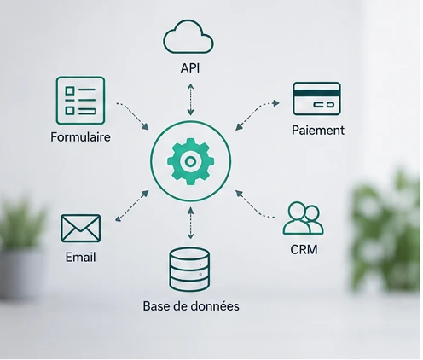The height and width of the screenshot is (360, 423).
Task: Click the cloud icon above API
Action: pyautogui.click(x=188, y=37)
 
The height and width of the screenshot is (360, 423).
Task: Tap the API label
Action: pyautogui.click(x=190, y=68)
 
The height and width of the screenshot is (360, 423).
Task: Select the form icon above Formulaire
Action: pyautogui.click(x=80, y=101)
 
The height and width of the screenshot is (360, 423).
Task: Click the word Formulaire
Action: pyautogui.click(x=80, y=137)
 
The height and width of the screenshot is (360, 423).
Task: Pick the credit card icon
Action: pyautogui.click(x=316, y=99)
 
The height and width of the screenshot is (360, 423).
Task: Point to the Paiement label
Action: pyautogui.click(x=318, y=131)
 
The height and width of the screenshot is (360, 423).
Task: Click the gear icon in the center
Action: pyautogui.click(x=190, y=161)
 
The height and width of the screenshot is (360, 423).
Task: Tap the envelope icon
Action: pyautogui.click(x=81, y=229)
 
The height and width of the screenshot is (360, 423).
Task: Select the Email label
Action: pyautogui.click(x=80, y=257)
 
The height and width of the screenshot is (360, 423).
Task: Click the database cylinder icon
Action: pyautogui.click(x=189, y=270)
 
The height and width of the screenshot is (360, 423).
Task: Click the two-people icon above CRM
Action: pyautogui.click(x=303, y=218)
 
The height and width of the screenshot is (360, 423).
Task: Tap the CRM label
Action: pyautogui.click(x=304, y=250)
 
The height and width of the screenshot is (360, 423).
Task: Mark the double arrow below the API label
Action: pyautogui.click(x=190, y=100)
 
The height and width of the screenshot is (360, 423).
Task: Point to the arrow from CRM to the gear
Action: pyautogui.click(x=253, y=206)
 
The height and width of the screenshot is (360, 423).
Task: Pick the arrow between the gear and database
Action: pyautogui.click(x=191, y=223)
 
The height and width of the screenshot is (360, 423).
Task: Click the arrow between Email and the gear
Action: pyautogui.click(x=132, y=206)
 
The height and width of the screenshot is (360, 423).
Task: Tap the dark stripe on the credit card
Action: pyautogui.click(x=316, y=93)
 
